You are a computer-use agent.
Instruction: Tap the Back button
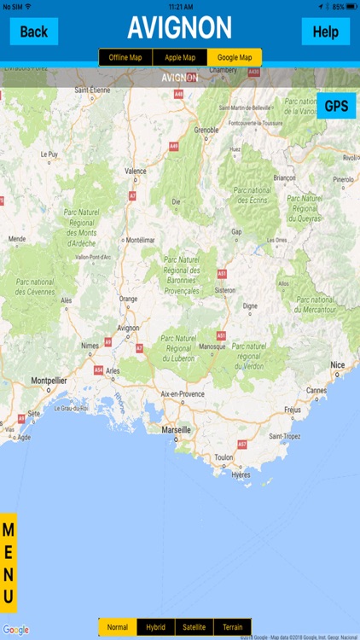tap(34, 32)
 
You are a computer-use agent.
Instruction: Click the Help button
tap(325, 32)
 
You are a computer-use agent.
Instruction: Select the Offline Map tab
tap(125, 57)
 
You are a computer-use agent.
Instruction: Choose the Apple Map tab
tap(179, 57)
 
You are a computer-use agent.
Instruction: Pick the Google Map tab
tap(235, 57)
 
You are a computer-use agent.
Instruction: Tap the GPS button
tap(336, 106)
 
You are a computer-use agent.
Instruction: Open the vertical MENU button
tap(9, 562)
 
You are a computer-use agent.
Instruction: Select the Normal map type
tap(118, 627)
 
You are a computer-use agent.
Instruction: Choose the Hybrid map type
tap(156, 627)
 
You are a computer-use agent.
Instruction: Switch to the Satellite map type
tap(195, 627)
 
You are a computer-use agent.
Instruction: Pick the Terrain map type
tap(233, 627)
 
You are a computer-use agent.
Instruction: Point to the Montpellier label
tap(49, 380)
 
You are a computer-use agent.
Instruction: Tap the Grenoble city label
tap(206, 130)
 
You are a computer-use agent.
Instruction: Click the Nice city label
tap(339, 364)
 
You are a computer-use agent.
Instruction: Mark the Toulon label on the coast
tap(224, 457)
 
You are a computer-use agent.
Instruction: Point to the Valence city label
tap(136, 171)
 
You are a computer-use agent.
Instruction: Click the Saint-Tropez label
tap(285, 436)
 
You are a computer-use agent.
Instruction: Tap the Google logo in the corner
tap(16, 630)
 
